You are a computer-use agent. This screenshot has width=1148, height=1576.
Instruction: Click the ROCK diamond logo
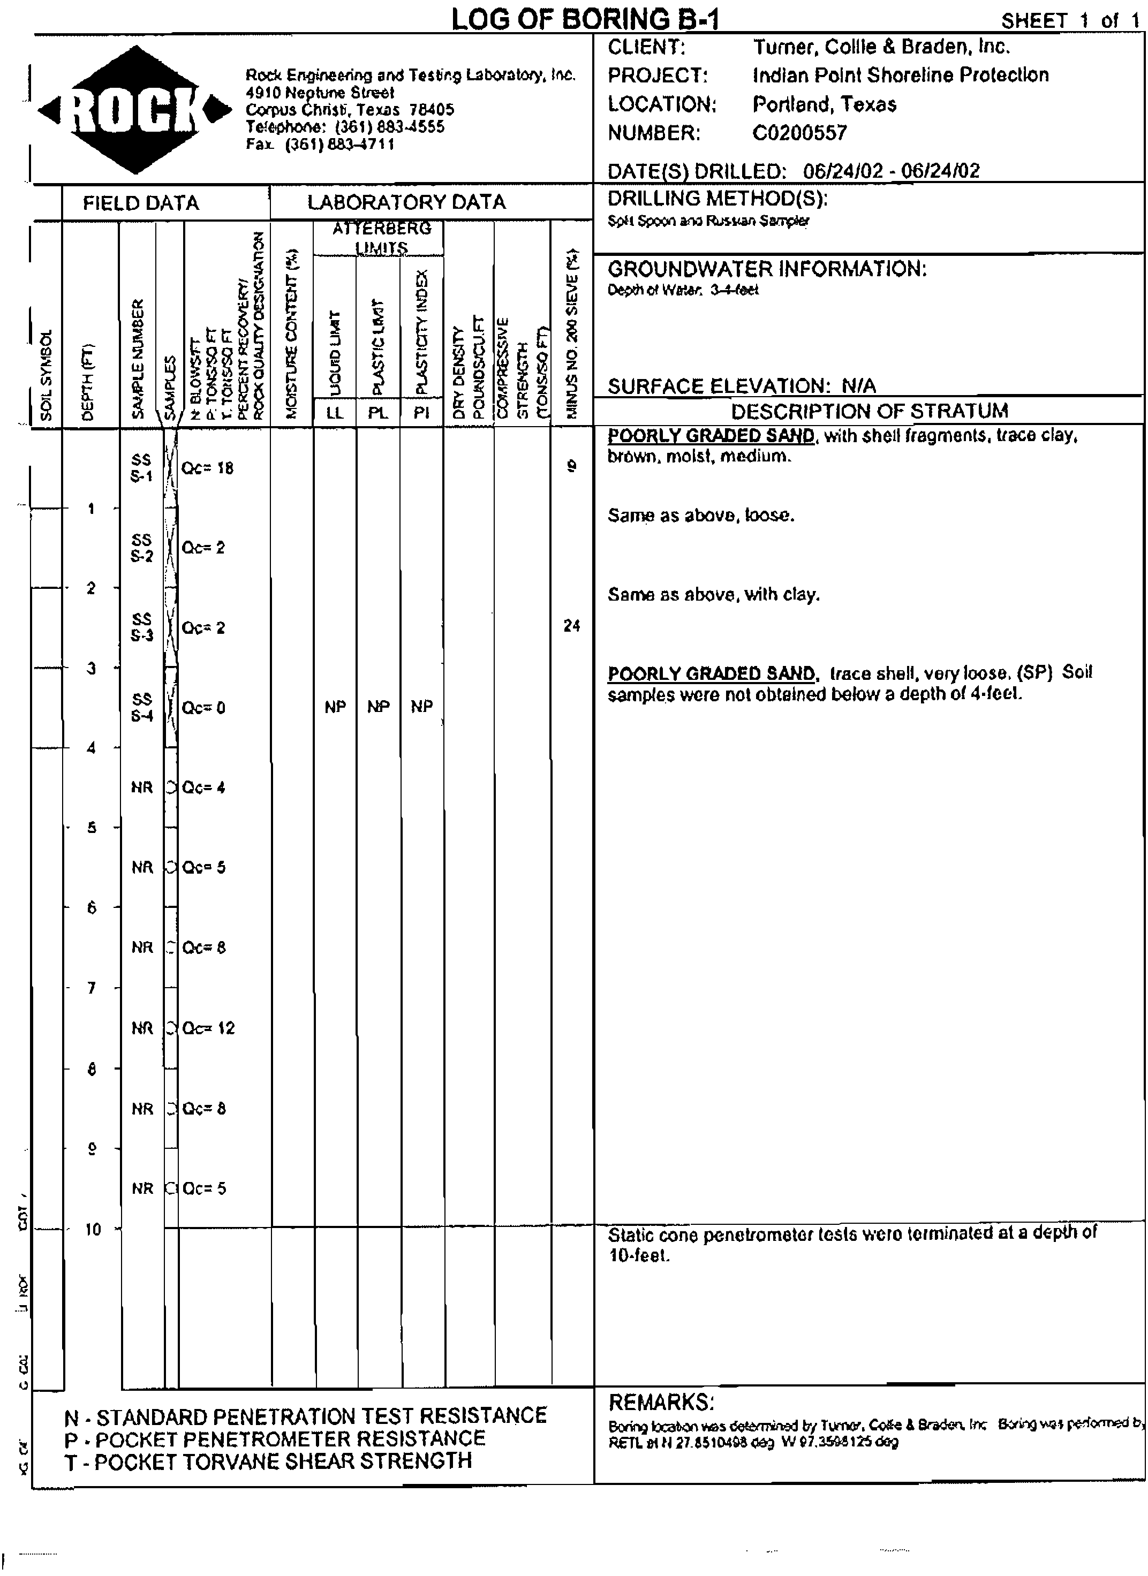click(135, 110)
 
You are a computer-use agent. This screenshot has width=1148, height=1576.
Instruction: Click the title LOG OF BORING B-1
click(584, 19)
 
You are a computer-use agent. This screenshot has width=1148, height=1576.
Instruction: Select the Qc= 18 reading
click(207, 468)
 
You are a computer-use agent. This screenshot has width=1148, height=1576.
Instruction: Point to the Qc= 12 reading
click(208, 1028)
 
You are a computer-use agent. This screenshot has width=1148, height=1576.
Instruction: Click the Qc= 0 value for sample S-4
click(203, 708)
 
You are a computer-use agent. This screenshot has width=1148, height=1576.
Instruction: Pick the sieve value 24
click(571, 626)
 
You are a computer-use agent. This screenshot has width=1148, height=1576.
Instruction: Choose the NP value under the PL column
click(378, 707)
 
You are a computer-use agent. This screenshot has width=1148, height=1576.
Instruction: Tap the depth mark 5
click(91, 828)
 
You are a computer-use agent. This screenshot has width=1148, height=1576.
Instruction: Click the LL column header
click(335, 413)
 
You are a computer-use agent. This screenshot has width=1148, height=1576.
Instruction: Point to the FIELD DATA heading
click(141, 203)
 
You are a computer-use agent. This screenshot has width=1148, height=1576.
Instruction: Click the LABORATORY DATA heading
click(406, 202)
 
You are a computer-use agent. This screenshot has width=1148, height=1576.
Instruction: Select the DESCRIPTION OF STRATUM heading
click(870, 411)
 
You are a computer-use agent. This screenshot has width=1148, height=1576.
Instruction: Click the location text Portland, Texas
click(824, 104)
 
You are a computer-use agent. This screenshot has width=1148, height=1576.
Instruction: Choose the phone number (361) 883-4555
click(389, 127)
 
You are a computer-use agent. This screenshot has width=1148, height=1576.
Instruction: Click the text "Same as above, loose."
click(700, 516)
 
